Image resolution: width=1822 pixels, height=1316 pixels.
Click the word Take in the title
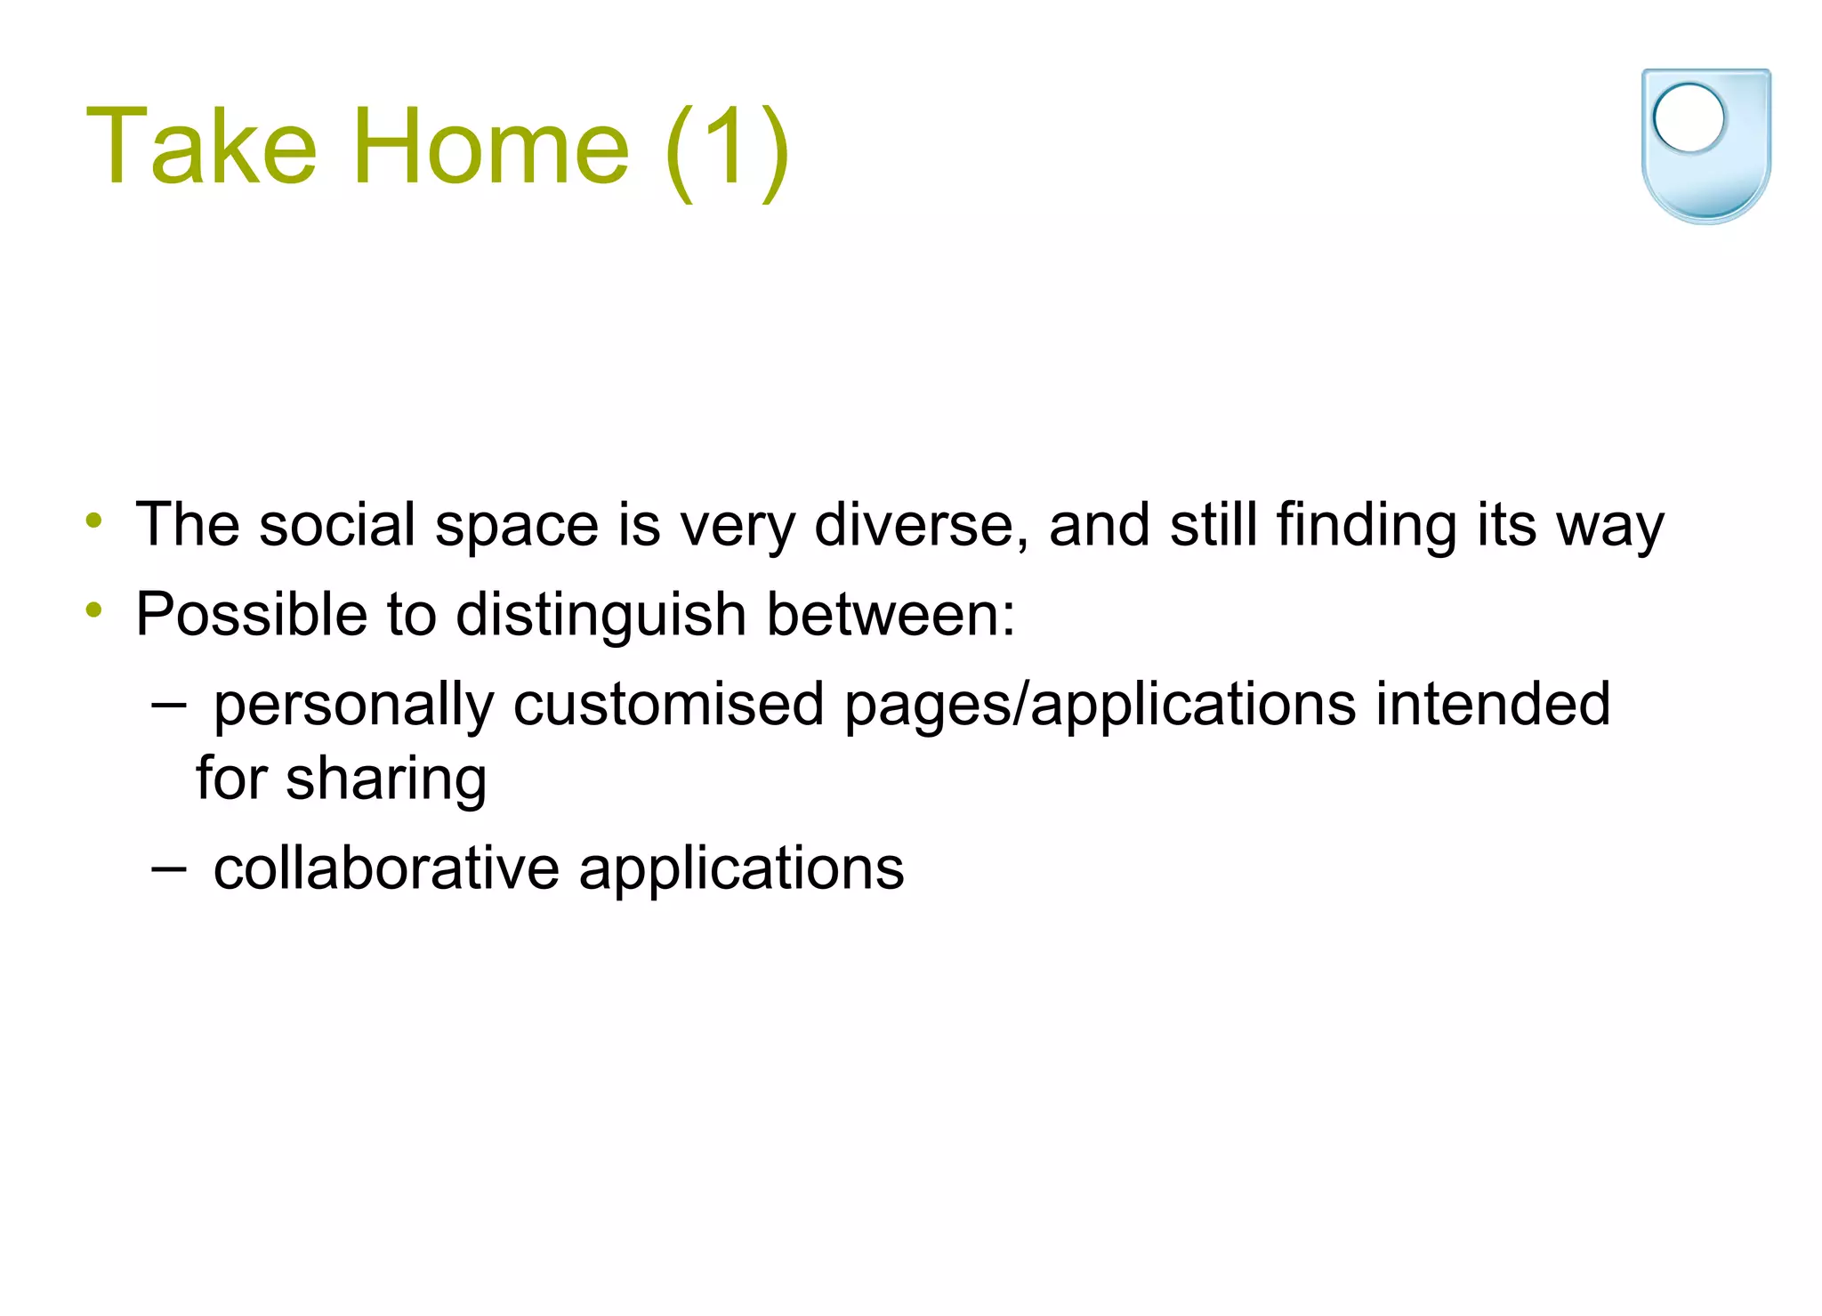click(x=201, y=147)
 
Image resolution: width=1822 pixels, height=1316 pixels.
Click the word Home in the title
click(x=491, y=147)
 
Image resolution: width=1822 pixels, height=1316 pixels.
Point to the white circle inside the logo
click(x=1688, y=117)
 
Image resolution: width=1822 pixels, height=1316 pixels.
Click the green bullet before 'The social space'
click(x=94, y=520)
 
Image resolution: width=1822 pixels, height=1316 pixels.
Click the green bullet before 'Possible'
click(x=94, y=610)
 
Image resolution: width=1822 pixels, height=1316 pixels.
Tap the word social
click(x=337, y=524)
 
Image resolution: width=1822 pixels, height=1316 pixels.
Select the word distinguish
click(x=601, y=616)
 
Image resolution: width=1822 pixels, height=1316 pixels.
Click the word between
click(x=890, y=614)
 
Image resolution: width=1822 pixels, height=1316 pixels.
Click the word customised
click(x=668, y=704)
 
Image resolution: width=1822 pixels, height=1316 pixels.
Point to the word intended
click(x=1492, y=704)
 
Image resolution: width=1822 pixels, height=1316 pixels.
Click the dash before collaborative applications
click(x=168, y=868)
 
